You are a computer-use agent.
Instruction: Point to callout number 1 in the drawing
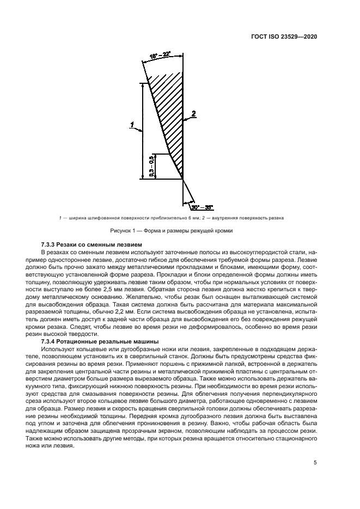(132, 125)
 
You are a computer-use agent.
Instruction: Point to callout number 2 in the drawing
(193, 114)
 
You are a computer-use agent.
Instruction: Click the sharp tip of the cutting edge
(182, 178)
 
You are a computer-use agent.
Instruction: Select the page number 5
(315, 463)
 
